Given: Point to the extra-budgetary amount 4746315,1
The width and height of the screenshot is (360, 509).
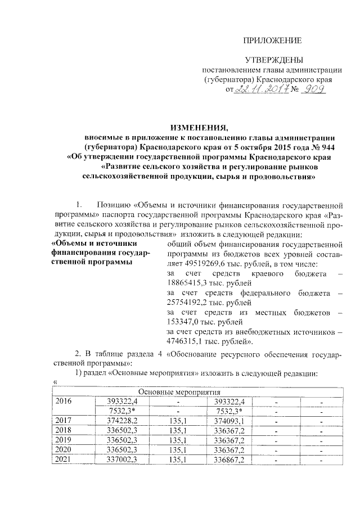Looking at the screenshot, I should click(190, 341).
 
